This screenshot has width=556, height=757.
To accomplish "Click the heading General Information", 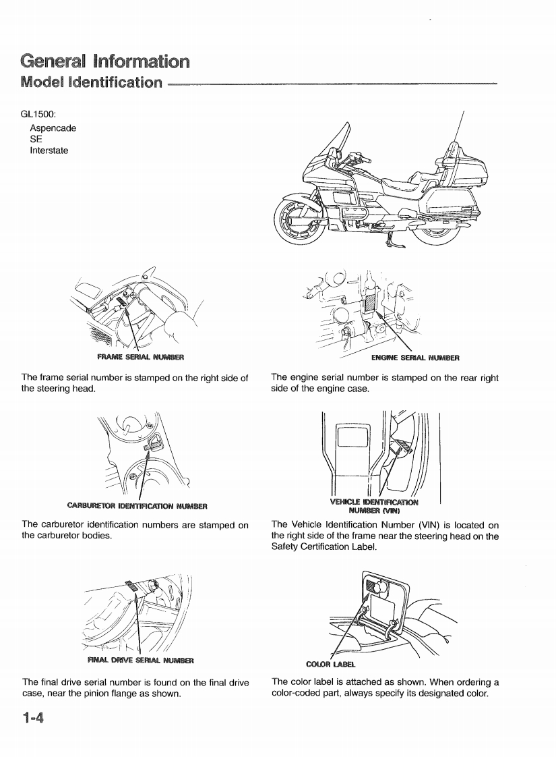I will [x=104, y=61].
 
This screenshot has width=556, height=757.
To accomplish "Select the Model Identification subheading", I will [x=92, y=84].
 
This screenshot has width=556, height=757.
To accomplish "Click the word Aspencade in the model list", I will [x=53, y=128].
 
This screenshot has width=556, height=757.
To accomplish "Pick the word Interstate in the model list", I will [x=49, y=150].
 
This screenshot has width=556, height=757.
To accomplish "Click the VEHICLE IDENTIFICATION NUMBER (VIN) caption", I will [x=373, y=505].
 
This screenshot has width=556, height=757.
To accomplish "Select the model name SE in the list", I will [x=36, y=139].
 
